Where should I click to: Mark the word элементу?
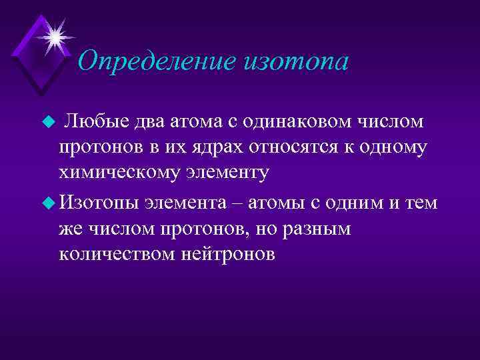coord(230,175)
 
